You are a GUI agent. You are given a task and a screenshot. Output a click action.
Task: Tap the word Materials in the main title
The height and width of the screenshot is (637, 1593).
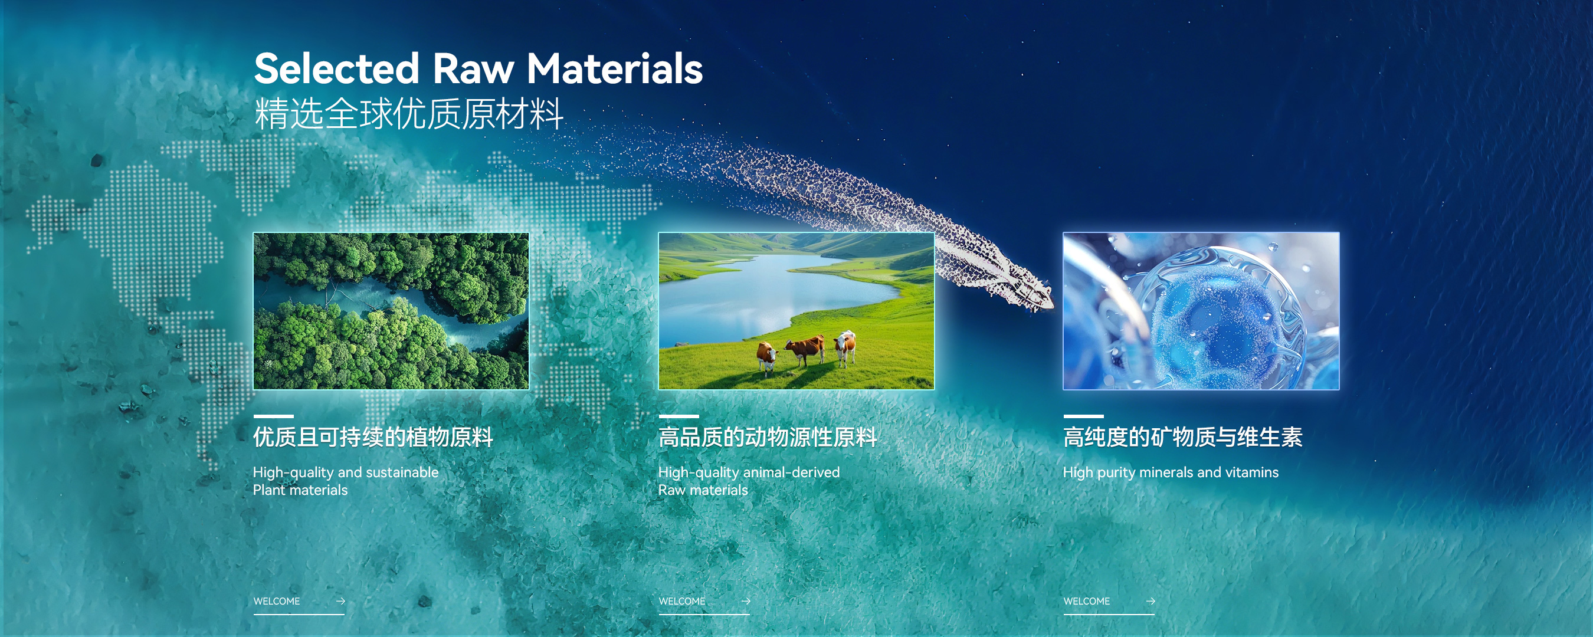click(x=615, y=68)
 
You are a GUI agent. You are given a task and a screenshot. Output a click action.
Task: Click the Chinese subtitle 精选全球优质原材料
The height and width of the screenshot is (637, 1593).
click(x=409, y=114)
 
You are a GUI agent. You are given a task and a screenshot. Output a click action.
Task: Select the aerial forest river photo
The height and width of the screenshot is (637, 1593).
click(x=391, y=311)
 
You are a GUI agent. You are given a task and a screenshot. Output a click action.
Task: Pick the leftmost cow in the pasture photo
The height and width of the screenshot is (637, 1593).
click(x=768, y=357)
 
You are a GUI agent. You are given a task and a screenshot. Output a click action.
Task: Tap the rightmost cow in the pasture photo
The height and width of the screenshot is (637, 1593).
click(x=845, y=347)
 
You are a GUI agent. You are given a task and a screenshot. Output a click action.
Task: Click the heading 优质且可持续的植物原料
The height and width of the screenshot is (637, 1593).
click(x=373, y=437)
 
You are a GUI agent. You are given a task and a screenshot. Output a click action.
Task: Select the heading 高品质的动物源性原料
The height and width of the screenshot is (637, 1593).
click(x=768, y=437)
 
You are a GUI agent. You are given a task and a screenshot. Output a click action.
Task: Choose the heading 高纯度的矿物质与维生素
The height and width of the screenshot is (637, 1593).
click(x=1183, y=437)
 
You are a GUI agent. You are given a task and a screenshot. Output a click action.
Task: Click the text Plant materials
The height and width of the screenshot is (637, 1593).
click(x=300, y=490)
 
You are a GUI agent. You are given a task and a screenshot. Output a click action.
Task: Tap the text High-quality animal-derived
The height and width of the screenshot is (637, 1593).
click(x=749, y=472)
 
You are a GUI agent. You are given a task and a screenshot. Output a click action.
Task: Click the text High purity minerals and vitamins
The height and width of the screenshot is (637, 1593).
click(x=1171, y=472)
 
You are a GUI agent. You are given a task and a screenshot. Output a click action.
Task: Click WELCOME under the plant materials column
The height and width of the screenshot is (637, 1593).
click(x=277, y=601)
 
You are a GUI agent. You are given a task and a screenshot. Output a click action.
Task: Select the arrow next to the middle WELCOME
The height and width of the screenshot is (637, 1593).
click(x=746, y=601)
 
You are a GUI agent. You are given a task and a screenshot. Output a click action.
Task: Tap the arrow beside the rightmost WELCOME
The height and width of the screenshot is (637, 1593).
click(x=1150, y=601)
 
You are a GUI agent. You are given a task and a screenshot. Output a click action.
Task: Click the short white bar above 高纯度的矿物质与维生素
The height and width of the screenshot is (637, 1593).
click(x=1083, y=416)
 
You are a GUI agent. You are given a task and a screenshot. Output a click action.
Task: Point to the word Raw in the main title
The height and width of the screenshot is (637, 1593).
click(x=473, y=68)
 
